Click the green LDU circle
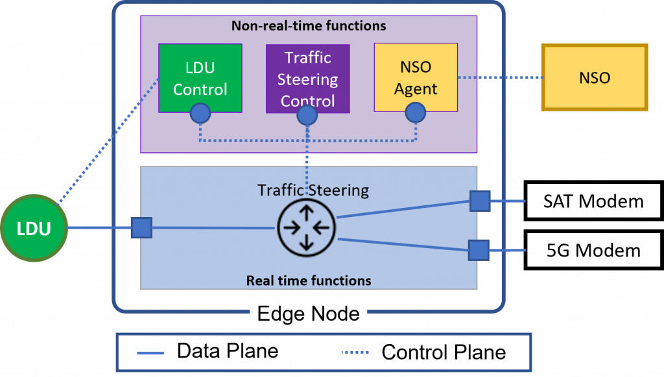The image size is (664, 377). tap(34, 229)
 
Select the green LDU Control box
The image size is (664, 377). tap(200, 78)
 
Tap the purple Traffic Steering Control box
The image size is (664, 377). tap(308, 78)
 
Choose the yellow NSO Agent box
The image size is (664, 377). tap(416, 77)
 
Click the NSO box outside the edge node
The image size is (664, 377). tap(595, 78)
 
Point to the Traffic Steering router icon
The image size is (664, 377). tap(306, 227)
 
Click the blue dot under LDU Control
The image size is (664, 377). tap(200, 114)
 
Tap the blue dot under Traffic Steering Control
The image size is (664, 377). tap(307, 115)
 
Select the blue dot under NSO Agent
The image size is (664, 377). tap(415, 113)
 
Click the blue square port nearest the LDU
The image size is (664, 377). tap(141, 228)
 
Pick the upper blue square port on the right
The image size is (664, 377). tap(480, 201)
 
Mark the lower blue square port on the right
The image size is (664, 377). tap(479, 250)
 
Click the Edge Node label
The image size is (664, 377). tap(309, 314)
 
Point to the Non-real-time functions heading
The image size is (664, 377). tap(309, 27)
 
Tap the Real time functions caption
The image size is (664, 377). tap(309, 281)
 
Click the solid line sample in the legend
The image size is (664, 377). tap(150, 353)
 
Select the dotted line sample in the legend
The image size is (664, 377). tap(355, 353)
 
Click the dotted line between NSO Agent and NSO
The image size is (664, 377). tap(499, 78)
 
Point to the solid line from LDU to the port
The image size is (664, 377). tap(100, 228)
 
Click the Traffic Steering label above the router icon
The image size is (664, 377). tap(313, 190)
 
